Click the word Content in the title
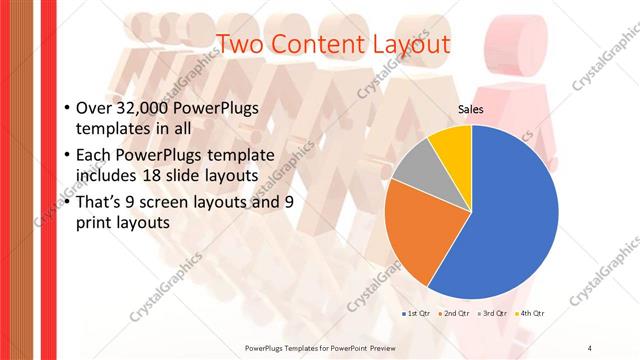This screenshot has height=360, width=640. tap(315, 44)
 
